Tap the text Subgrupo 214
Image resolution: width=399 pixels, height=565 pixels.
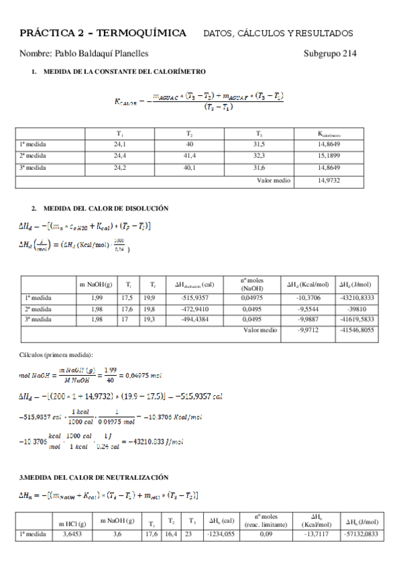pyautogui.click(x=330, y=53)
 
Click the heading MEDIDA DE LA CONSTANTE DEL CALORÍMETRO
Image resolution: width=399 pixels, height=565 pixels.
pyautogui.click(x=124, y=71)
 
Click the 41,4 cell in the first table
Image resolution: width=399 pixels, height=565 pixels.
pyautogui.click(x=189, y=156)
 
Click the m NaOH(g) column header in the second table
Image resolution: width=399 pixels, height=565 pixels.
pyautogui.click(x=96, y=284)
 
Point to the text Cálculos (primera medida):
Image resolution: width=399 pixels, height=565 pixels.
pyautogui.click(x=55, y=354)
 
